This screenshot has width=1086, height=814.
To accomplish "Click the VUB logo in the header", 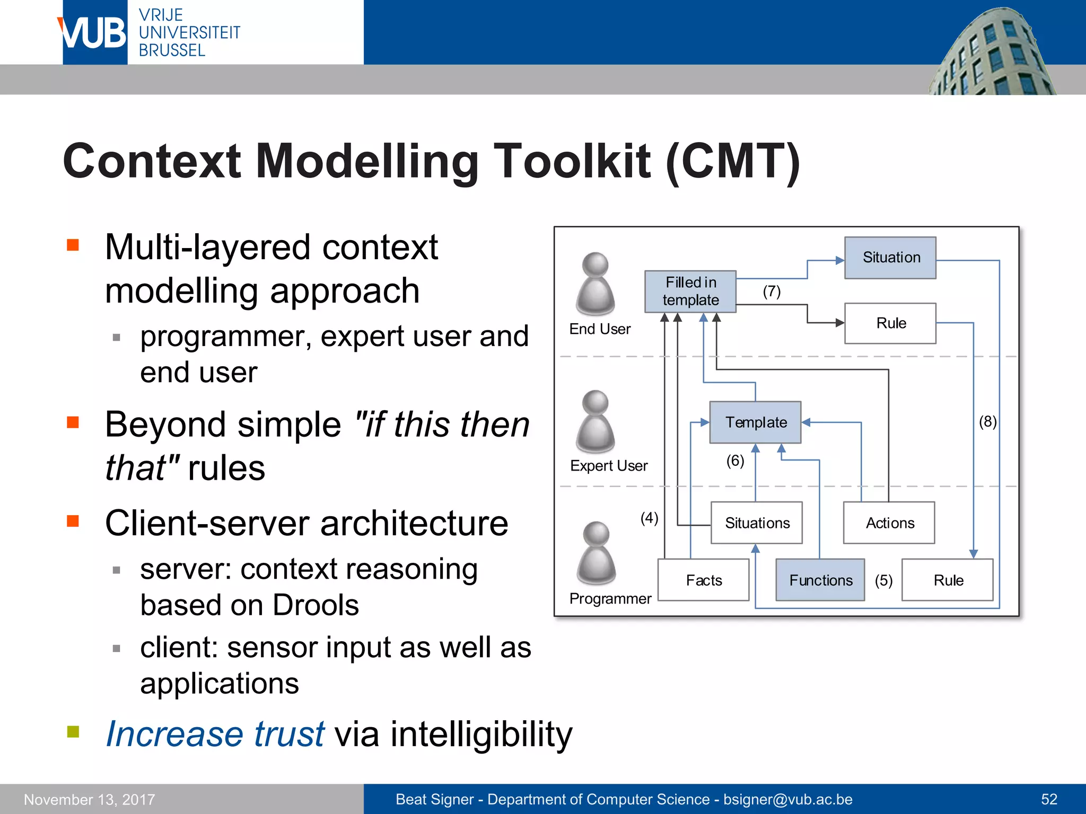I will (94, 33).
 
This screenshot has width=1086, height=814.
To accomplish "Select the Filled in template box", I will (690, 291).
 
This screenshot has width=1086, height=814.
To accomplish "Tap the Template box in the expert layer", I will (755, 422).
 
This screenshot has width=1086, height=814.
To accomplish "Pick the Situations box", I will (756, 523).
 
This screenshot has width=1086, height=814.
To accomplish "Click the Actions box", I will (889, 523).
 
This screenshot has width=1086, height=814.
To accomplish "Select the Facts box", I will (703, 580).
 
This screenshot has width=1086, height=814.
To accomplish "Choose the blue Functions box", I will (820, 580).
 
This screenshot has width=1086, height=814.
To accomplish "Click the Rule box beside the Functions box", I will (948, 580).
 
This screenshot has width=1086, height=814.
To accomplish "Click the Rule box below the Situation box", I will (890, 323).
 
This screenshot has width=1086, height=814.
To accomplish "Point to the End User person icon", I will (595, 284).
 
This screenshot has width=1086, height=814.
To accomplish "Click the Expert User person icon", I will (595, 422).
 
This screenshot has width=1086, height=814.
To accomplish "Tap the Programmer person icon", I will (596, 553).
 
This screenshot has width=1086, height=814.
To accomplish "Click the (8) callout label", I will (987, 422).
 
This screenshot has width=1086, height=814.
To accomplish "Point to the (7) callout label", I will (772, 291).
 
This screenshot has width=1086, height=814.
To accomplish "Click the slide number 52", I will (1049, 799).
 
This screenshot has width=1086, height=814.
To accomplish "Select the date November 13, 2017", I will (89, 799).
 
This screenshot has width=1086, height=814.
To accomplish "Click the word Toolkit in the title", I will (572, 161).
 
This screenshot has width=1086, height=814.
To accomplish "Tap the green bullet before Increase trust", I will (73, 732).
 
